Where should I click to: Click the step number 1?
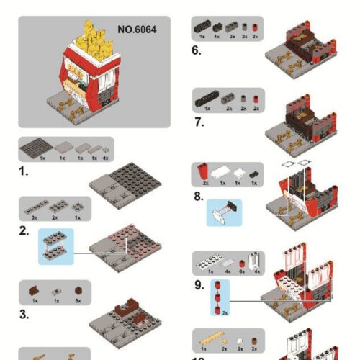[24, 172]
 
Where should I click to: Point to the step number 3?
[24, 314]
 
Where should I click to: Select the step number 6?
[196, 50]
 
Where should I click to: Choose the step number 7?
[199, 122]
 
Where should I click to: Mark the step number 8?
[199, 194]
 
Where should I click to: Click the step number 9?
[199, 284]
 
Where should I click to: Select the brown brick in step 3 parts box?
[33, 292]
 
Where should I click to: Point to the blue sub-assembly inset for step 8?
[224, 212]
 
